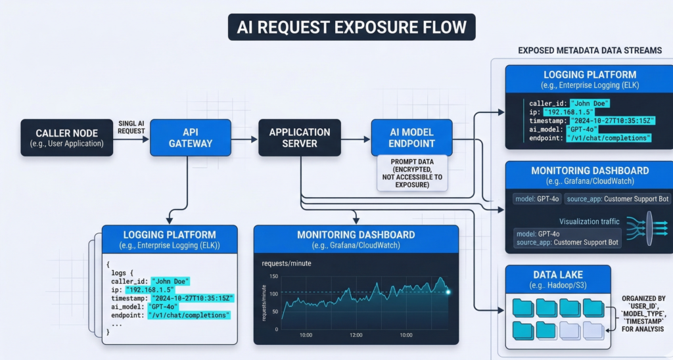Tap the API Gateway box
pos(191,137)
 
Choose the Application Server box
pos(300,137)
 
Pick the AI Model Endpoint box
pos(411,137)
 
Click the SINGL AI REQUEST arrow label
pos(131,127)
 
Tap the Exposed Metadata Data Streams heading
pos(590,51)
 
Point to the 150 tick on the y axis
pos(273,276)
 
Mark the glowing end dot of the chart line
pos(448,292)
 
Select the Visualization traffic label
pos(589,221)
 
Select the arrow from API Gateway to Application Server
pos(244,138)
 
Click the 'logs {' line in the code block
pos(123,272)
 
